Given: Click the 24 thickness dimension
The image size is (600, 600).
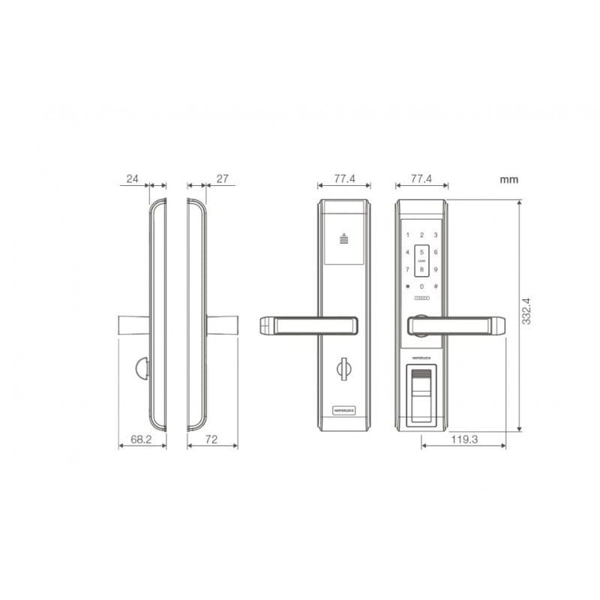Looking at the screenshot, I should pos(133,178).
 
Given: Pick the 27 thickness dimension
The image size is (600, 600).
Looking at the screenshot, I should pos(221,178).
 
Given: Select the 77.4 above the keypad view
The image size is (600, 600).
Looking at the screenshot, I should pos(421,178).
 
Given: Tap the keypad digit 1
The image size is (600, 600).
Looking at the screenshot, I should pos(408,235).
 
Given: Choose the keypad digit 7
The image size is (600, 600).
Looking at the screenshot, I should pos(408,269).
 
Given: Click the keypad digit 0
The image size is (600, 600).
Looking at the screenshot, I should pos(421,286).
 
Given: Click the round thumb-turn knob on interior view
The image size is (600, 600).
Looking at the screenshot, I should pos(344,368).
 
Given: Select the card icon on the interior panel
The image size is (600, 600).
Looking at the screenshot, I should pos(344,239).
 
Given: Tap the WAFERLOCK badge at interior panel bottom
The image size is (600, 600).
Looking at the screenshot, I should pos(344,410).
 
